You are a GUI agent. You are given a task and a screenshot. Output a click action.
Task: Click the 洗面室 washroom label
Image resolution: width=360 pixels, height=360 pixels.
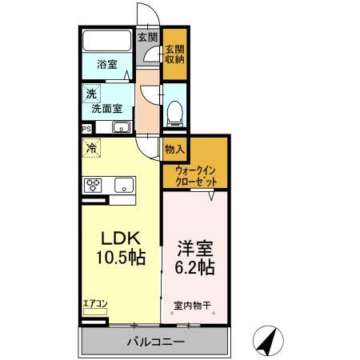[x=106, y=108]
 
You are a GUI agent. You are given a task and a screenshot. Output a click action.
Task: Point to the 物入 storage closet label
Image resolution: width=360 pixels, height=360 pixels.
[x=174, y=148]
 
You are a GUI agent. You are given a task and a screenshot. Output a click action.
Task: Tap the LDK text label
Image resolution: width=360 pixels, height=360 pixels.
[x=120, y=238]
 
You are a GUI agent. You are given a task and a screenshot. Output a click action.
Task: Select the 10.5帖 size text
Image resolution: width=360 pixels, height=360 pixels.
[x=120, y=258]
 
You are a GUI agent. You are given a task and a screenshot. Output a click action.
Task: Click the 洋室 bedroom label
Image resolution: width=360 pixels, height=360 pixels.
[x=195, y=248]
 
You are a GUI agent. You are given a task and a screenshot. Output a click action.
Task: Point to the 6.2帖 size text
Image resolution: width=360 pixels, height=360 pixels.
[x=195, y=268]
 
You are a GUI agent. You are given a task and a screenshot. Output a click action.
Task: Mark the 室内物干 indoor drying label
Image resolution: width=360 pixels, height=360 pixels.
[x=191, y=305]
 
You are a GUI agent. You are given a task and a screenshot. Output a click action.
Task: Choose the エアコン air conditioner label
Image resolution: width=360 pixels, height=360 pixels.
[x=93, y=303]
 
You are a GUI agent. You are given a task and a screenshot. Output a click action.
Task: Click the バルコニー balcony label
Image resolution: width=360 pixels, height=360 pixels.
[x=156, y=342]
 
